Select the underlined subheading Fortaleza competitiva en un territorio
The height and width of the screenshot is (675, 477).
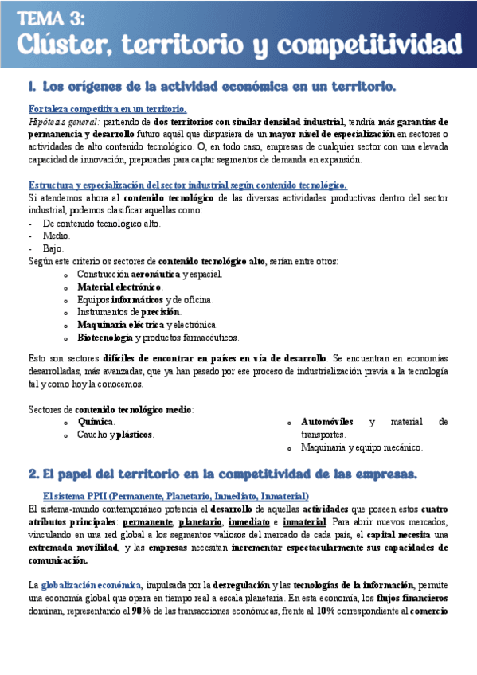click(x=108, y=108)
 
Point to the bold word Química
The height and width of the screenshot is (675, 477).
click(x=95, y=422)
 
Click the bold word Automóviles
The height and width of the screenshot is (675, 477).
click(x=329, y=422)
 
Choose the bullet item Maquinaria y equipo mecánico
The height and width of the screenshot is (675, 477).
click(x=362, y=447)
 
